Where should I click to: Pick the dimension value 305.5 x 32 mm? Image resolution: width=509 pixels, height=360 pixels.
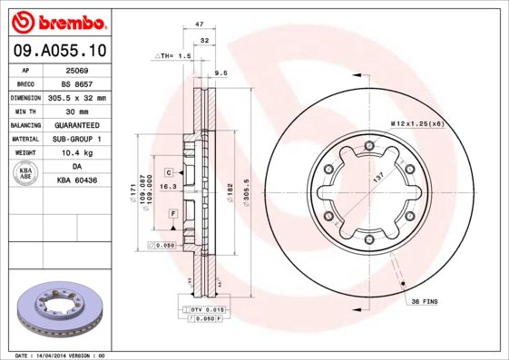click(x=77, y=97)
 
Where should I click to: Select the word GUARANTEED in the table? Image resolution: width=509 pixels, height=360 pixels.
click(x=77, y=125)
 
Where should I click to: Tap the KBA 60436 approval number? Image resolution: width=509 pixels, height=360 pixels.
click(x=77, y=181)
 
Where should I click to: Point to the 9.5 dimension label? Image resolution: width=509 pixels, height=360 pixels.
click(x=220, y=72)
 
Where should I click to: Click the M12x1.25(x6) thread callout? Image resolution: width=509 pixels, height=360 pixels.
click(x=416, y=122)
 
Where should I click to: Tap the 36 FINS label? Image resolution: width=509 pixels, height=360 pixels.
click(x=426, y=300)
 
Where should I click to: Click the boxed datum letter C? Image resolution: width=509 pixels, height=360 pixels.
click(x=169, y=171)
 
